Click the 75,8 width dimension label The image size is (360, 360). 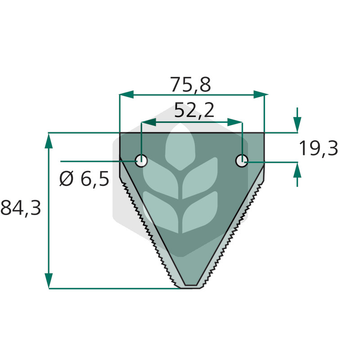click(x=190, y=85)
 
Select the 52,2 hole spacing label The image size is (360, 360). click(x=194, y=110)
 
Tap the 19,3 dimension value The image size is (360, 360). click(x=319, y=149)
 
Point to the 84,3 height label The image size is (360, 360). click(x=21, y=208)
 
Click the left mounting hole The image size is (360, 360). click(x=141, y=161)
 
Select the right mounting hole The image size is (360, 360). click(x=242, y=161)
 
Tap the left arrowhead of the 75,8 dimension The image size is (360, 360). click(x=126, y=94)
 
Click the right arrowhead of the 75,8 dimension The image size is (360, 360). click(x=261, y=94)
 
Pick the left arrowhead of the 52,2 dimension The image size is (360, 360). click(x=148, y=122)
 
